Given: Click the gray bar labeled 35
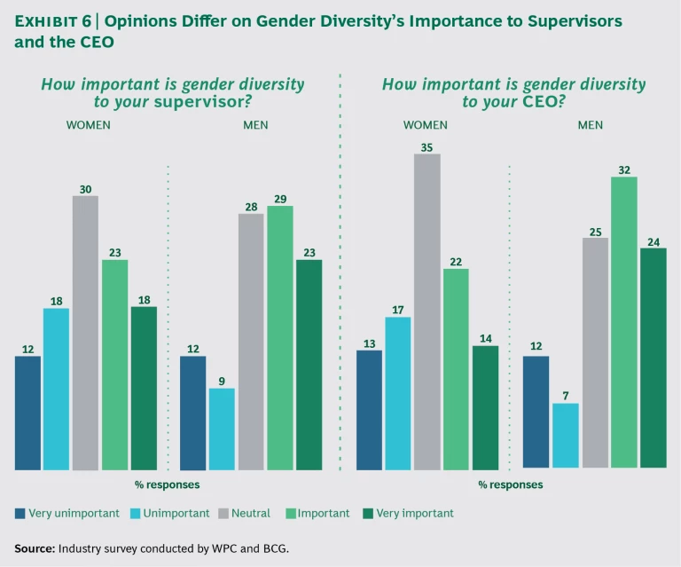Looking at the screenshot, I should pyautogui.click(x=427, y=311).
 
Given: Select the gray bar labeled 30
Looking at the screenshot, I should pyautogui.click(x=85, y=333).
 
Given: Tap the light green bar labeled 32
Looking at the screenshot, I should pyautogui.click(x=624, y=322).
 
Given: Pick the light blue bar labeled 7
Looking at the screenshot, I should pyautogui.click(x=565, y=435).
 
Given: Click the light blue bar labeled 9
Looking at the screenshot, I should pyautogui.click(x=222, y=429).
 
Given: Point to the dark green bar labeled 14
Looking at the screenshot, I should pyautogui.click(x=486, y=407).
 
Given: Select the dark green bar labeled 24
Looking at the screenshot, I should pyautogui.click(x=653, y=358).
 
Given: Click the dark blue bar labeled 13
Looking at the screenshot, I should pyautogui.click(x=369, y=410).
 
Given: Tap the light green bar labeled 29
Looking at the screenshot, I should pyautogui.click(x=280, y=338).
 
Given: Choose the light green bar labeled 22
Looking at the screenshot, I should pyautogui.click(x=457, y=369).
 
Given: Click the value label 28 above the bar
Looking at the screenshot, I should pyautogui.click(x=251, y=206).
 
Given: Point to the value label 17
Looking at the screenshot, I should pyautogui.click(x=398, y=310).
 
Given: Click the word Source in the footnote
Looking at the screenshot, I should pyautogui.click(x=34, y=548).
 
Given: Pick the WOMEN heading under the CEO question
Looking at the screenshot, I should pyautogui.click(x=426, y=125).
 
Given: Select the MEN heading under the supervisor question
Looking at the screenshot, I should pyautogui.click(x=255, y=125).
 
